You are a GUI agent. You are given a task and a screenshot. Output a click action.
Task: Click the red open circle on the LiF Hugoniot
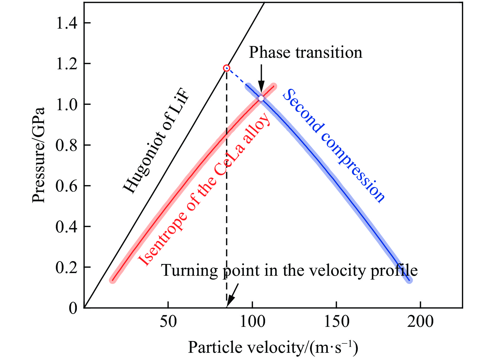(227, 68)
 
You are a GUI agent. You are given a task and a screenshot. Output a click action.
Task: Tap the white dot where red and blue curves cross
(261, 98)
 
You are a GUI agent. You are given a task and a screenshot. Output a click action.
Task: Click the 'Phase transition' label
(305, 52)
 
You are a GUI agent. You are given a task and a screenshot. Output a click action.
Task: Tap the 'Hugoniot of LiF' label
(156, 140)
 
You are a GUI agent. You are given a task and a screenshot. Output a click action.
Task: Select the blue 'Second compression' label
(334, 146)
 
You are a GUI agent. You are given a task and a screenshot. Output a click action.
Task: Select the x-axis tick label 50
(168, 322)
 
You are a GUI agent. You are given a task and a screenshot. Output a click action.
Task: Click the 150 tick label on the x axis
(336, 322)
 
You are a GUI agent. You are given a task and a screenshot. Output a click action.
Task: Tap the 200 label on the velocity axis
(420, 322)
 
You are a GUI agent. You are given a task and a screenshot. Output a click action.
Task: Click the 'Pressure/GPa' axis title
(38, 155)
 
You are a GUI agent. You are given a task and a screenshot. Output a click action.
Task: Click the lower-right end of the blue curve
(409, 280)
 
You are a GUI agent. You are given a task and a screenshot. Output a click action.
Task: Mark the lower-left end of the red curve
(113, 280)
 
